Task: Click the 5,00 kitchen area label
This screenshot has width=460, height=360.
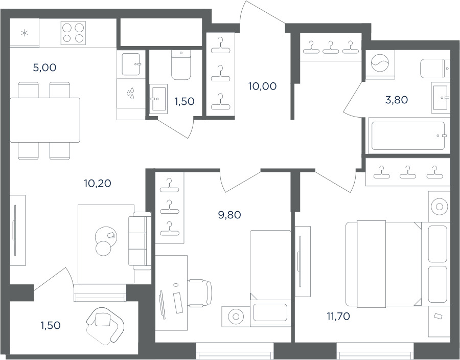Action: [x=44, y=68]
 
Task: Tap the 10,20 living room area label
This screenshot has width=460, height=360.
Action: [x=98, y=184]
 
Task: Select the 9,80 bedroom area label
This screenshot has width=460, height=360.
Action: [x=229, y=215]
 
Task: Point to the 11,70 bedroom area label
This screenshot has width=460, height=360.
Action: [x=338, y=317]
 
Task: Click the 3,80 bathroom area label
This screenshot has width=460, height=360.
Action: [x=396, y=100]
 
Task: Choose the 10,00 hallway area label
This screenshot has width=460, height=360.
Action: [x=262, y=86]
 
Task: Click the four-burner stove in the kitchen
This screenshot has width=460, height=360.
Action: [x=73, y=33]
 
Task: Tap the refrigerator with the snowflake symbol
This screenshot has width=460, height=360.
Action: [x=25, y=33]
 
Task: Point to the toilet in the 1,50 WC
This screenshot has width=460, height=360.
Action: [x=181, y=65]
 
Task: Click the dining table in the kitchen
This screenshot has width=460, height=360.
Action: [x=45, y=120]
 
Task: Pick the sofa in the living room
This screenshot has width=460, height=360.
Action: [x=140, y=241]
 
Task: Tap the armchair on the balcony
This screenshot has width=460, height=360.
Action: [x=105, y=325]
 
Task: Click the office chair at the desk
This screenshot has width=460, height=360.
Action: [x=199, y=293]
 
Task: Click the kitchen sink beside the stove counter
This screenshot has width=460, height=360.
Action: [x=131, y=64]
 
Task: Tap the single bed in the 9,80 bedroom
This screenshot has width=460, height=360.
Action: [x=270, y=278]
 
